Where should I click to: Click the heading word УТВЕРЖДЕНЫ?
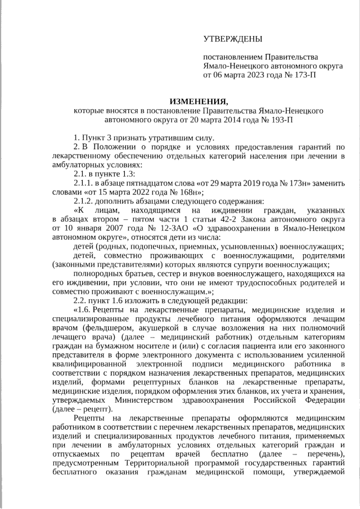(232, 39)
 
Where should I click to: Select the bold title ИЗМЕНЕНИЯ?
(199, 101)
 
